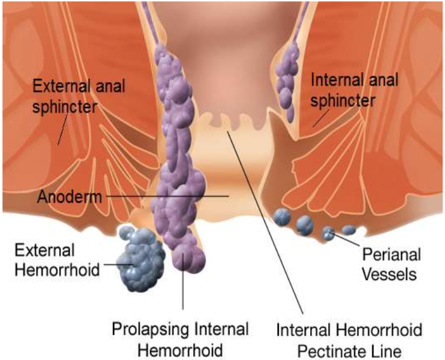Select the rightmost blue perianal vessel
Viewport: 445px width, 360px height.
[x=349, y=230]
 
